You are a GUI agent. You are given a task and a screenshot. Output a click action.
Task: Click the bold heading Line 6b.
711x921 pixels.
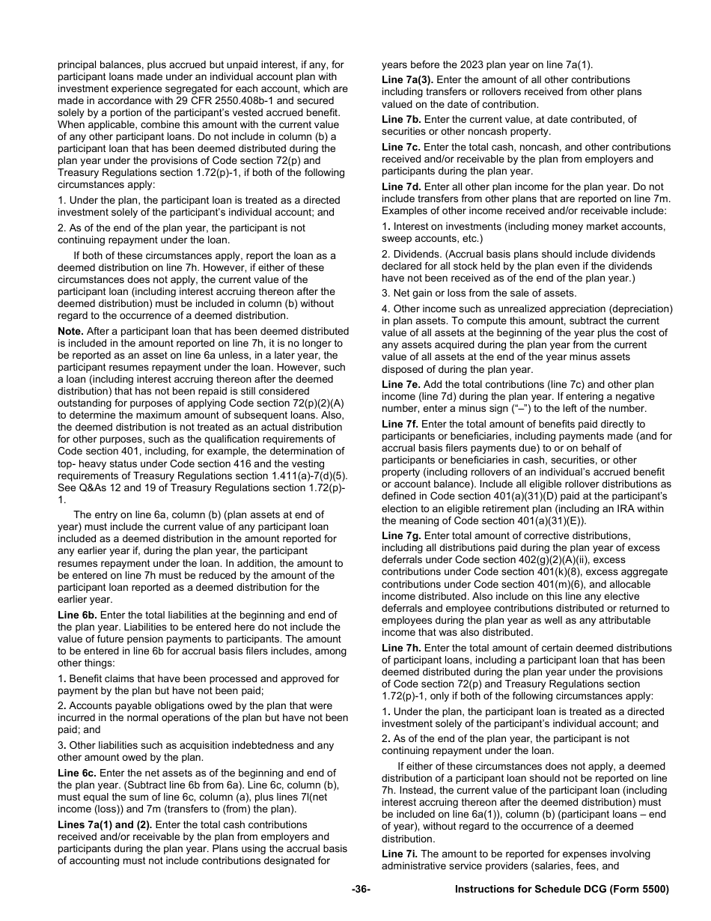(77, 615)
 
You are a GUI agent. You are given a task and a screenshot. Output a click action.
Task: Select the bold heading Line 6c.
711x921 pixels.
(77, 773)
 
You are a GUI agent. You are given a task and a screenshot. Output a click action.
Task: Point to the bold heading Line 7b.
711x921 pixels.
(401, 119)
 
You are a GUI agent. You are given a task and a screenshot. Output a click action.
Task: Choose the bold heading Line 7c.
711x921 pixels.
(401, 147)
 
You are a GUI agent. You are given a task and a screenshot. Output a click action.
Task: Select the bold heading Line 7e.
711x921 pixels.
(401, 384)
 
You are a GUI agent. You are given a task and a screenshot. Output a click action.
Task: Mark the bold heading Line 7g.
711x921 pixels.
(401, 535)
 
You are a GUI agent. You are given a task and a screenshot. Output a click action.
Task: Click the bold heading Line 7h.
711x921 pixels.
(401, 648)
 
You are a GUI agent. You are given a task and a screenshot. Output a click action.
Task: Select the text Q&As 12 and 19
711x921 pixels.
(122, 487)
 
